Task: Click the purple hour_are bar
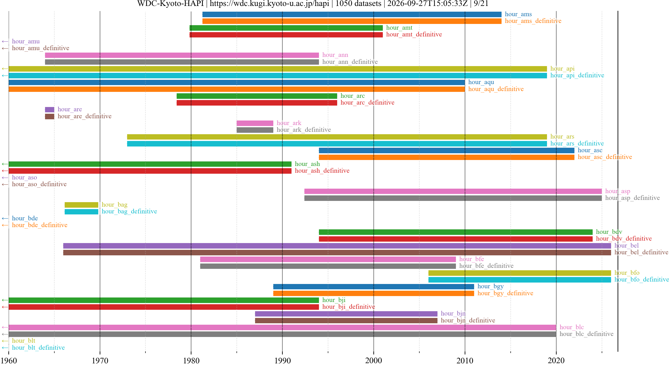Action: pyautogui.click(x=50, y=109)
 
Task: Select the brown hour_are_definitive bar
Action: pyautogui.click(x=50, y=116)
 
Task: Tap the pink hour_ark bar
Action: pyautogui.click(x=255, y=123)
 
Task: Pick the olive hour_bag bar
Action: pyautogui.click(x=81, y=205)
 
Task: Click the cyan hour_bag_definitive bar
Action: pyautogui.click(x=81, y=212)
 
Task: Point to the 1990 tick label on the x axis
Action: pyautogui.click(x=283, y=360)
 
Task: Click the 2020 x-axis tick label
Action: pyautogui.click(x=556, y=360)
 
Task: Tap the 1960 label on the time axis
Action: pyautogui.click(x=9, y=360)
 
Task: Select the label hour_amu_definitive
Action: pyautogui.click(x=41, y=48)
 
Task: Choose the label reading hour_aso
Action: pyautogui.click(x=24, y=177)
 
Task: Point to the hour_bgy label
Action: pyautogui.click(x=490, y=286)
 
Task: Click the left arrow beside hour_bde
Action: pyautogui.click(x=5, y=218)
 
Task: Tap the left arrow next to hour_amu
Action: pyautogui.click(x=5, y=42)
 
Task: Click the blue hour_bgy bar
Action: pyautogui.click(x=373, y=287)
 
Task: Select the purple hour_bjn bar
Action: pyautogui.click(x=346, y=314)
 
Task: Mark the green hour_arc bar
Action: pyautogui.click(x=257, y=96)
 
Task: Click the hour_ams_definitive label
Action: pyautogui.click(x=533, y=21)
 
